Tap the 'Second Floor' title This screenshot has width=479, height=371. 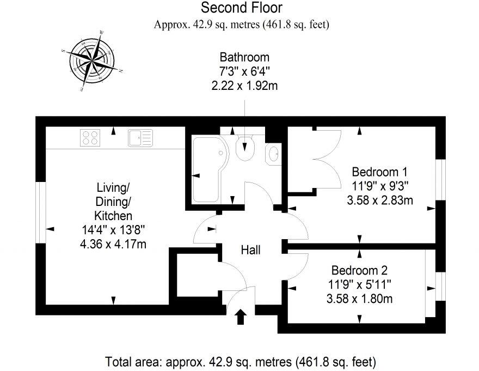[242, 8]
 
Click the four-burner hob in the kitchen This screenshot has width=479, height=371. [91, 137]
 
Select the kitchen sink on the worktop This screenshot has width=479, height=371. [140, 137]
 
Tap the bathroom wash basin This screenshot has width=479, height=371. [273, 154]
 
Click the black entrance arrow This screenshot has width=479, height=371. [240, 317]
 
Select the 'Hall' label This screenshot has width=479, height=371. [250, 250]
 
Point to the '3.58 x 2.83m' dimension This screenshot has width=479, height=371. [379, 200]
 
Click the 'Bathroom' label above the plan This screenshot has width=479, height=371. [244, 57]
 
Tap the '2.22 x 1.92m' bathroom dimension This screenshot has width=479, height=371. [244, 84]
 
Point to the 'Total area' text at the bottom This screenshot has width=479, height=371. [240, 361]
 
